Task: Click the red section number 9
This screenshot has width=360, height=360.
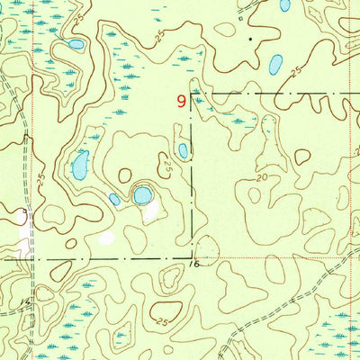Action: point(183,103)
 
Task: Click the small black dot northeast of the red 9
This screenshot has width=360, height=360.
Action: point(250,40)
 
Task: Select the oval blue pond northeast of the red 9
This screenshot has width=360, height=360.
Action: point(275,64)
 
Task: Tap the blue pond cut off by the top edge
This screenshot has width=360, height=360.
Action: point(285,4)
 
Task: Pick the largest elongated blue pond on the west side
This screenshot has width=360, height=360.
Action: point(80,165)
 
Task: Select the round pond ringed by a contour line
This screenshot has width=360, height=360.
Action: point(142,194)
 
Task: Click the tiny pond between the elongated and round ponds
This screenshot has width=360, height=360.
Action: point(114,199)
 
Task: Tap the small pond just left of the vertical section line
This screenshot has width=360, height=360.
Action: point(183,151)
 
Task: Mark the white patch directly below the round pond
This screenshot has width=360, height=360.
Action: point(149,212)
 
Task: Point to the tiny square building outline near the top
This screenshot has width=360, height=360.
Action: point(242,13)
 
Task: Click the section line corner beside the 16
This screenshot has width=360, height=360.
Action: point(191,257)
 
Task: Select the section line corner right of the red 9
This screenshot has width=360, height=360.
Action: point(191,92)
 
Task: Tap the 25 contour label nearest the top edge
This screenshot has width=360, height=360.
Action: point(79,18)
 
